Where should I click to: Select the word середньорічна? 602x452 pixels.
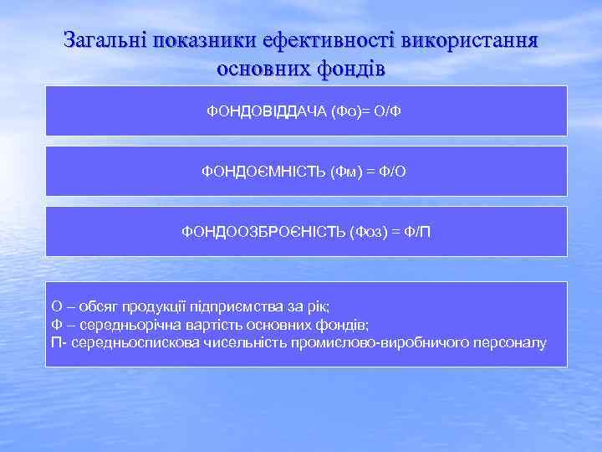coord(120,325)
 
